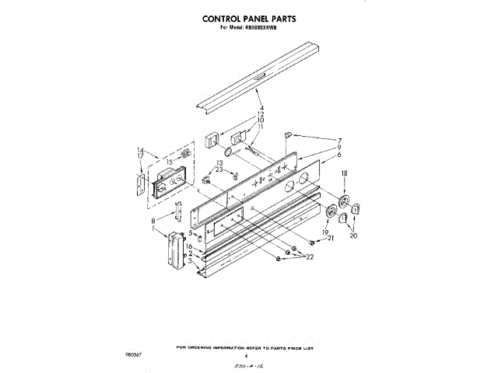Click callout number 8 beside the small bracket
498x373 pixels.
[x=153, y=221]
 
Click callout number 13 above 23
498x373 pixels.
[x=209, y=162]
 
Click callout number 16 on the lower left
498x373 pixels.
[x=190, y=246]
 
